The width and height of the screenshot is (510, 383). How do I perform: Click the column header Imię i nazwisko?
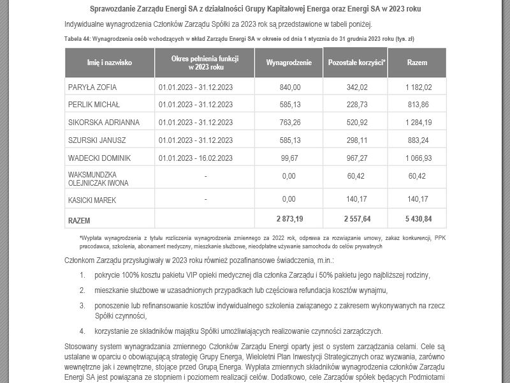pos(109,63)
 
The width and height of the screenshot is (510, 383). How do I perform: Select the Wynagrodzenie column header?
pos(289,63)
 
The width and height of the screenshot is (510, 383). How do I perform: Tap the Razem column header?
pos(417,63)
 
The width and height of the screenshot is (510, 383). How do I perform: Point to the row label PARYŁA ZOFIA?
pos(92,87)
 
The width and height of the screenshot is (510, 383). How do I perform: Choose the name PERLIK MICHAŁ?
pos(94,105)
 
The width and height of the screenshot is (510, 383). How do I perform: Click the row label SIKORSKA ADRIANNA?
pos(103,122)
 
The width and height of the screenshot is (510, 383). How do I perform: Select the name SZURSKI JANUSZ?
pos(96,139)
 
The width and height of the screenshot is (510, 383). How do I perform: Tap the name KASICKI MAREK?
pos(93,200)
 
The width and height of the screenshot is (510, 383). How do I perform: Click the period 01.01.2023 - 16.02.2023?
pos(196,157)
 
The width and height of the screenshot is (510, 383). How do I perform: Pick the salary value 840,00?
pos(290,87)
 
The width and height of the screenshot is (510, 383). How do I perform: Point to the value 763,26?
pos(290,122)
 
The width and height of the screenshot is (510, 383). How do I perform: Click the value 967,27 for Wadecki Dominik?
pos(356,157)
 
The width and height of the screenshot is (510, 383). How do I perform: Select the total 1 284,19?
pos(418,122)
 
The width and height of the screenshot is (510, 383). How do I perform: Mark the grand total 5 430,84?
pos(418,219)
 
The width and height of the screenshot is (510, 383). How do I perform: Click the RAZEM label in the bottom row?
pos(79,220)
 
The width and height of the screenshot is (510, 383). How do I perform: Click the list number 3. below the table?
pos(82,306)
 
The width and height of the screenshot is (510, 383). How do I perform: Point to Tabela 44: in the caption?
pos(78,39)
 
